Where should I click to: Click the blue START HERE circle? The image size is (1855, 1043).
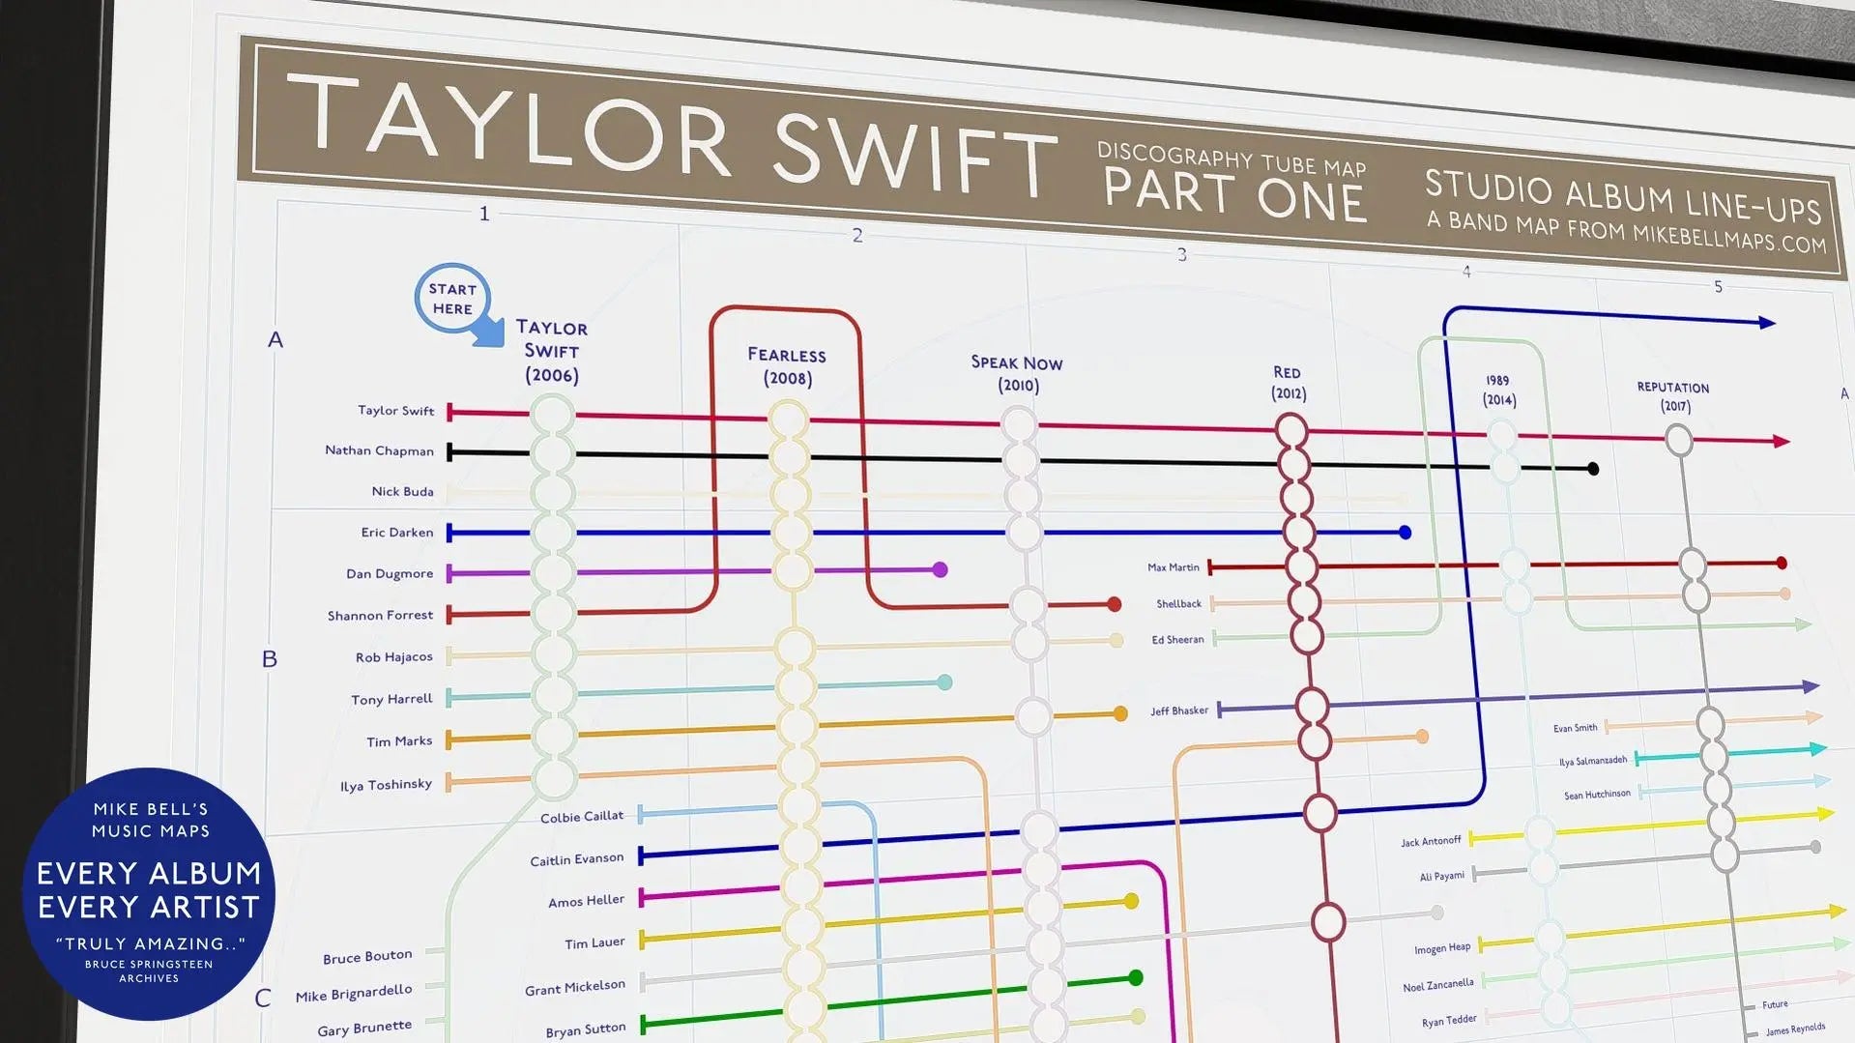[x=452, y=299]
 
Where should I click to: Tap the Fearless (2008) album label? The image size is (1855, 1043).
[x=787, y=366]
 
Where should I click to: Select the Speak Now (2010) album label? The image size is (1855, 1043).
[x=1017, y=373]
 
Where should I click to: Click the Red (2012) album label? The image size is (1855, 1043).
[x=1288, y=383]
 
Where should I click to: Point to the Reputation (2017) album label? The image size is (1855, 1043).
[x=1673, y=396]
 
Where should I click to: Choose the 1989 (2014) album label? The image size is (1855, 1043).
[x=1498, y=390]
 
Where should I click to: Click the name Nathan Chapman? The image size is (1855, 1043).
[x=379, y=450]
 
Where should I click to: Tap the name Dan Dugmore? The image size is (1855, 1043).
[x=390, y=573]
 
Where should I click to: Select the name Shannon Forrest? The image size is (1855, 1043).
[x=380, y=615]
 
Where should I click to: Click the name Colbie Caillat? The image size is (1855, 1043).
[x=581, y=817]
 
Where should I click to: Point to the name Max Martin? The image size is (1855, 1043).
[x=1173, y=567]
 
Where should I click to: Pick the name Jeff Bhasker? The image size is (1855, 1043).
[x=1178, y=710]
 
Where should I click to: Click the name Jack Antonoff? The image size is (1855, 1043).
[x=1431, y=841]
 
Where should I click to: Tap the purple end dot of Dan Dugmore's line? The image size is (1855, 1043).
[x=940, y=569]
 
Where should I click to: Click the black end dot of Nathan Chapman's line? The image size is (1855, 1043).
[x=1593, y=469]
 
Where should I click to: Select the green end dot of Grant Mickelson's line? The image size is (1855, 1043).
[x=1136, y=977]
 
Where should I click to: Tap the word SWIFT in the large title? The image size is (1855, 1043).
[x=914, y=151]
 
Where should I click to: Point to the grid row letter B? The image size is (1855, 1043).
[x=270, y=659]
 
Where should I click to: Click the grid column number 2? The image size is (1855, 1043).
[x=857, y=235]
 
